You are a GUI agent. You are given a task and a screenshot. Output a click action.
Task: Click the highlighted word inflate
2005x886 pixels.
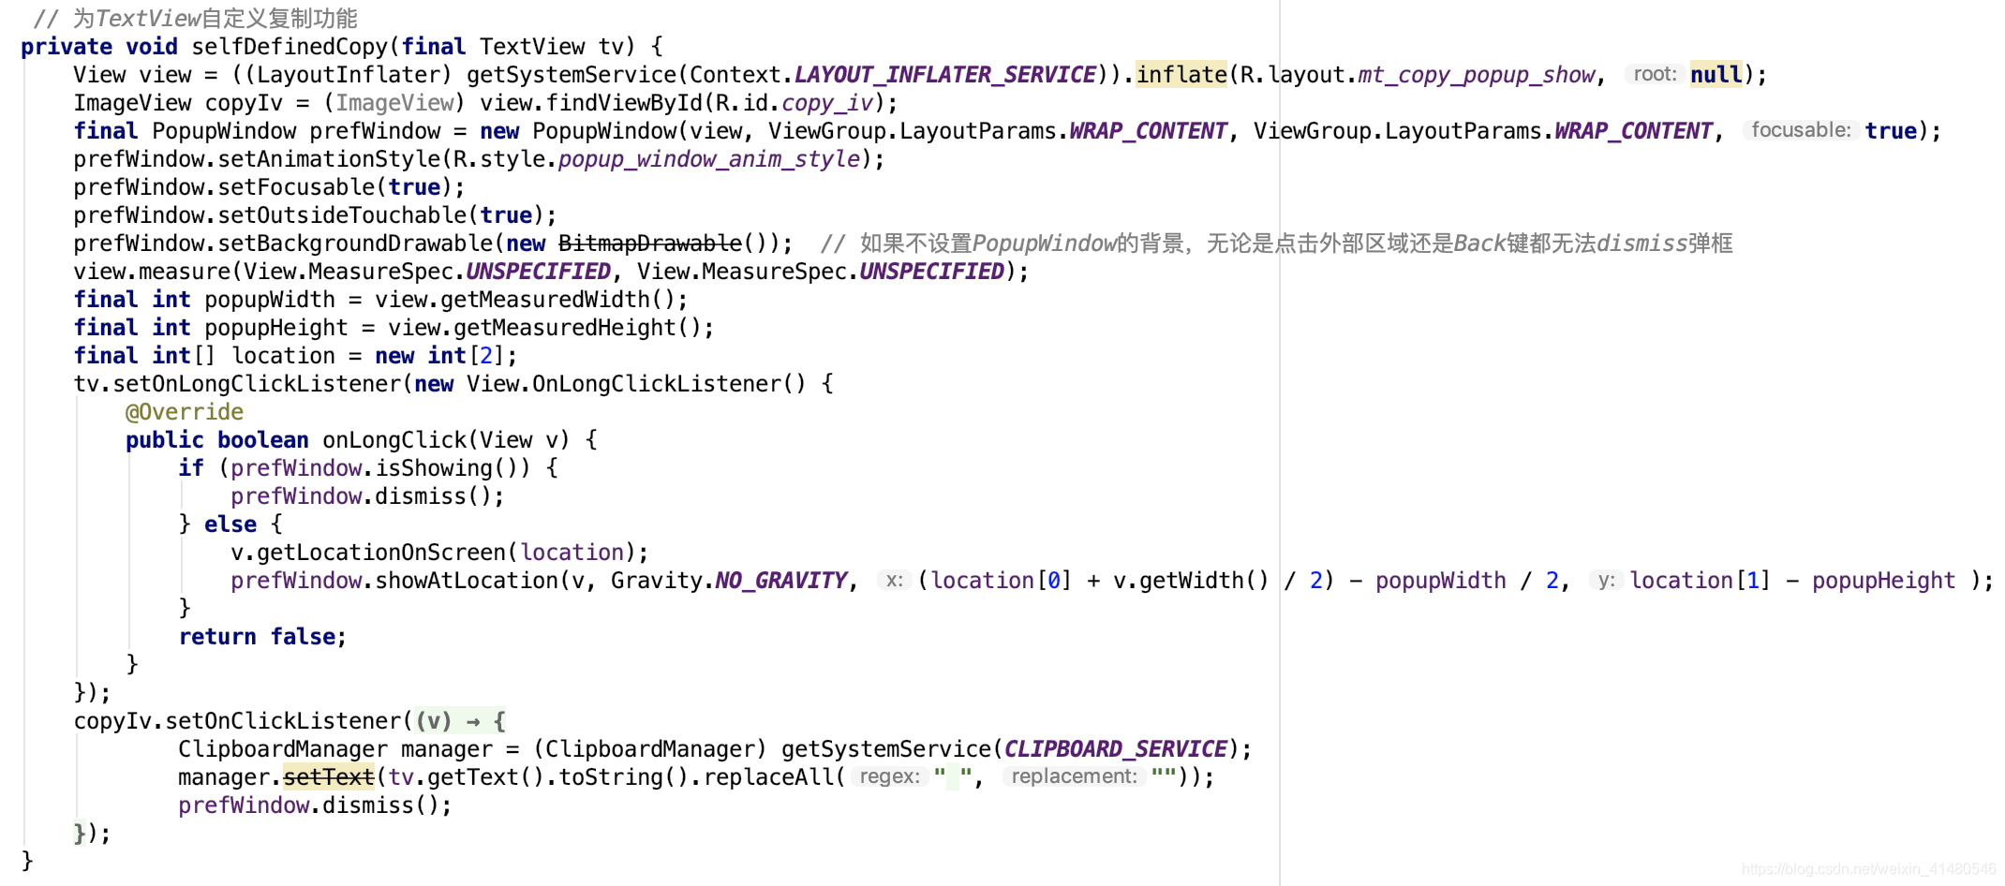(x=1181, y=75)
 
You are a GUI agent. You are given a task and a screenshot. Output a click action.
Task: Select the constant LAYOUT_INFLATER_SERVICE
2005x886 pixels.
(x=944, y=75)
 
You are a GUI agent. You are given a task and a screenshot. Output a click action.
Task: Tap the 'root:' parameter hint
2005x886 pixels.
(x=1654, y=74)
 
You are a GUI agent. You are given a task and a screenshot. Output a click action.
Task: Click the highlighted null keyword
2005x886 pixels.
(x=1715, y=75)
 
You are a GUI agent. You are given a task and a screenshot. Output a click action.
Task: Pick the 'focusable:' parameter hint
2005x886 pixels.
(x=1800, y=130)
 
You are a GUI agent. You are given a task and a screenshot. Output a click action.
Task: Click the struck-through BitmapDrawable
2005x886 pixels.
(x=650, y=244)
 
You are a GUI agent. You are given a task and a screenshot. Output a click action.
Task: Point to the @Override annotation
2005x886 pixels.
(x=184, y=412)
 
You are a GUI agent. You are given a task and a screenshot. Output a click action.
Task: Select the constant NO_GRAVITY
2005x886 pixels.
(x=780, y=581)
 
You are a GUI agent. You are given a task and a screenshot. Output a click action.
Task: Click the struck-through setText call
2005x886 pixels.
(x=328, y=777)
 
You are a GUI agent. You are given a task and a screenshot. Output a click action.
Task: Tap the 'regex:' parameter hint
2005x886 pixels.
(x=888, y=776)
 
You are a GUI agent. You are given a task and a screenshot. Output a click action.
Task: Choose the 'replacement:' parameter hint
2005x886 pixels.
(x=1074, y=776)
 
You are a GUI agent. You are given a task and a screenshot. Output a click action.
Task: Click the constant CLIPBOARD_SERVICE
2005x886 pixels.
(x=1115, y=749)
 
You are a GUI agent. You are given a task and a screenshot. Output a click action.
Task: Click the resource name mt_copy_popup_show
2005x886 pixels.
(x=1476, y=75)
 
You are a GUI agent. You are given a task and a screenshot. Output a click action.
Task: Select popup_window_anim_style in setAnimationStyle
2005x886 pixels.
(x=708, y=159)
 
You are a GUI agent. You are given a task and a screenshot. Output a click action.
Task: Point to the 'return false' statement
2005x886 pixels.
(x=261, y=637)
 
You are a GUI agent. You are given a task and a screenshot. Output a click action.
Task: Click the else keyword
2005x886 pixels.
(x=230, y=524)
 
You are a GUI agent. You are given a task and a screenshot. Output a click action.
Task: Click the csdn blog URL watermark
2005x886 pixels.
(x=1868, y=869)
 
